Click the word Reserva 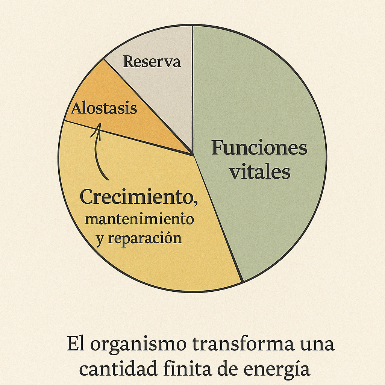coord(152,62)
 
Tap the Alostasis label coord(104,109)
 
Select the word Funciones coord(259,148)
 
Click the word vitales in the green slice coord(260,172)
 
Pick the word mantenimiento coord(139,219)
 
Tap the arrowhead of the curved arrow coord(99,126)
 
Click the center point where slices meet coord(192,154)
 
